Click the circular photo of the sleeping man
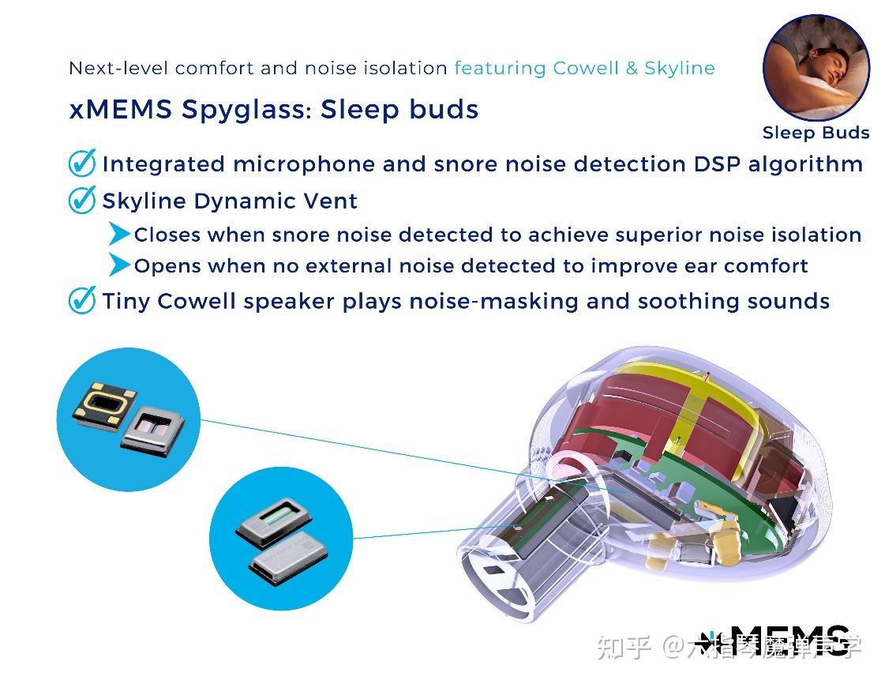816,67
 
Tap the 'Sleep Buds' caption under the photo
816,133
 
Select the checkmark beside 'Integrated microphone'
82,163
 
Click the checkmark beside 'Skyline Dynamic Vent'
82,200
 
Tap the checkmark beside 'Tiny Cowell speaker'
82,300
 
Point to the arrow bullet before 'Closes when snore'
119,234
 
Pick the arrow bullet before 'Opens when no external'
119,265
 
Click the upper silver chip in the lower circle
273,519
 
